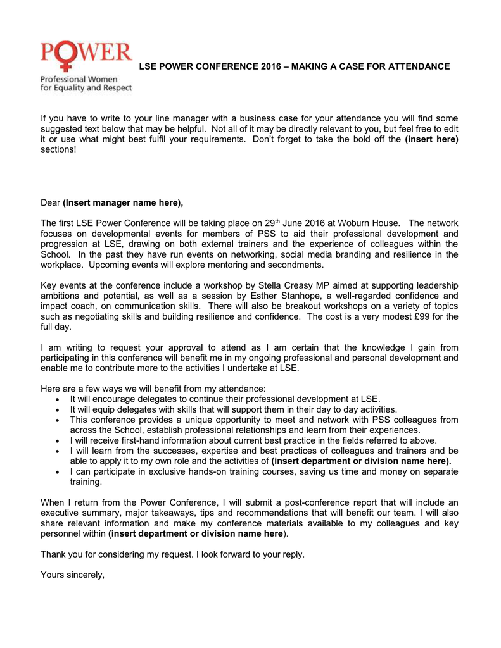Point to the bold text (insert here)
coord(431,139)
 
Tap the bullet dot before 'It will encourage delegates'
coord(58,399)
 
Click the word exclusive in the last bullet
coord(156,471)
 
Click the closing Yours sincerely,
coord(72,575)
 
